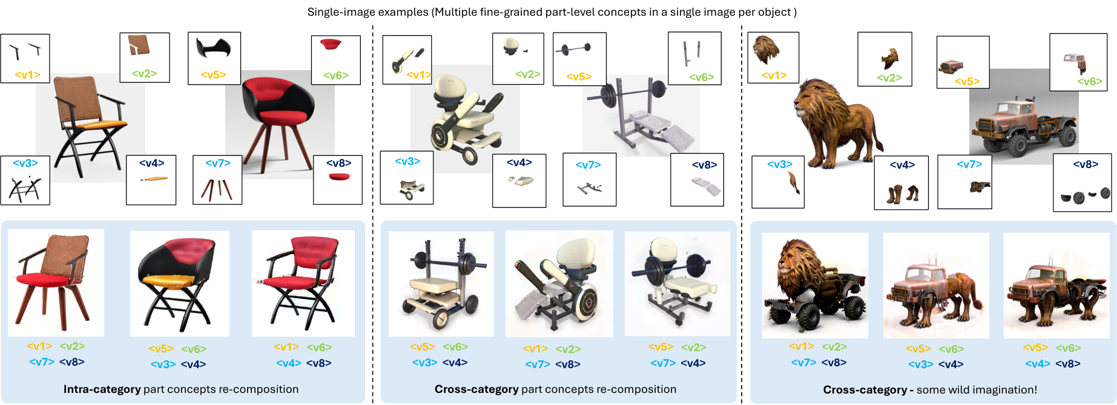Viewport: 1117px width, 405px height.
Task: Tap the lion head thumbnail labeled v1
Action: (773, 57)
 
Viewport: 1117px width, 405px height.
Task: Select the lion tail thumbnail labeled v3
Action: (778, 182)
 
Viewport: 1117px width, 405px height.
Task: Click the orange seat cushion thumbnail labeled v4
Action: (151, 180)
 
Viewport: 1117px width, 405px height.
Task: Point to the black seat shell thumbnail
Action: (214, 58)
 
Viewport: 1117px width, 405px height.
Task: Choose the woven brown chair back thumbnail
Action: (145, 57)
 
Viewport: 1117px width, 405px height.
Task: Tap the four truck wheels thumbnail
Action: (1082, 183)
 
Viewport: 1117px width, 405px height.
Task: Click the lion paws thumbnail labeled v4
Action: (901, 183)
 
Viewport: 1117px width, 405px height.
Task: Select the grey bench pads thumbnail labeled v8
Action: (697, 180)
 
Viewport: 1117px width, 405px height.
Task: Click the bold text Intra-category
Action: (102, 389)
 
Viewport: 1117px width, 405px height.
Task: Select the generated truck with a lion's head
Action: (815, 285)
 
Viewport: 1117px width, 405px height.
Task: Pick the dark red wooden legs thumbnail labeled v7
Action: (217, 180)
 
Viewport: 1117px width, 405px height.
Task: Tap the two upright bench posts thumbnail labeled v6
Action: (694, 58)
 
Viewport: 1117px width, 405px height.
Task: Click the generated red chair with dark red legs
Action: (56, 283)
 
